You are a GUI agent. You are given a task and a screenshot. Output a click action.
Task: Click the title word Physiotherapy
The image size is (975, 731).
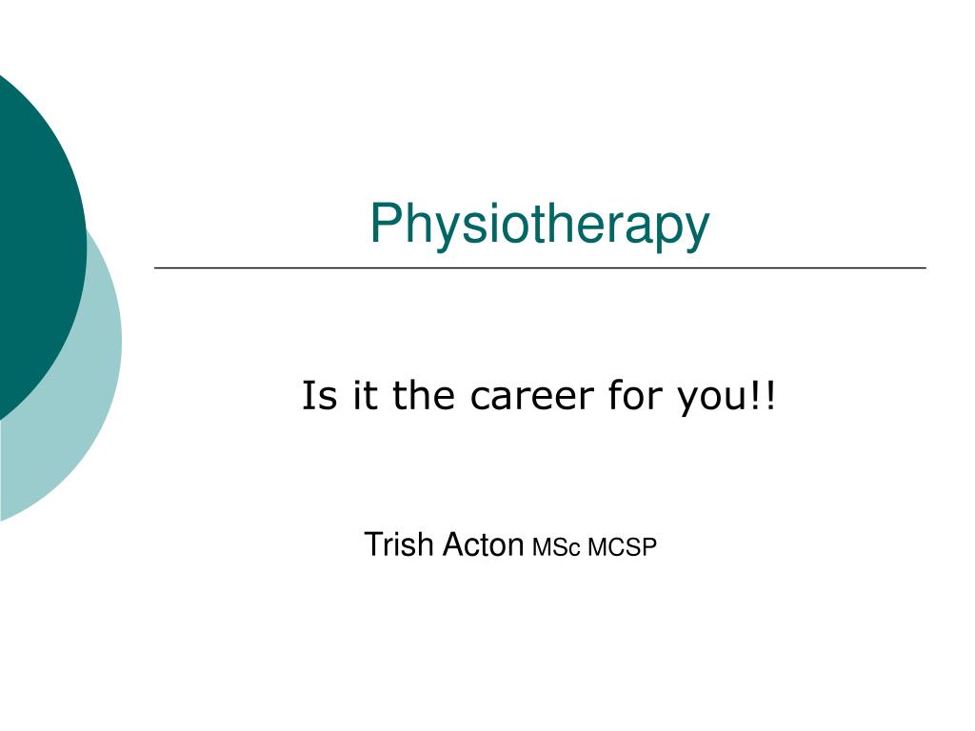pos(539,226)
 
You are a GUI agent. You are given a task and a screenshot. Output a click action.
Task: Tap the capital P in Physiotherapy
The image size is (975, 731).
pos(384,223)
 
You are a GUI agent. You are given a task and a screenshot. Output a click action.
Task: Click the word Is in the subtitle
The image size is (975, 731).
pos(315,396)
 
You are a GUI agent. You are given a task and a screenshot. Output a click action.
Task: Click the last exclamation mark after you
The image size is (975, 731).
pos(769,396)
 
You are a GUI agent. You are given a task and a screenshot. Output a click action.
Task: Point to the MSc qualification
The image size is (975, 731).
pos(556,547)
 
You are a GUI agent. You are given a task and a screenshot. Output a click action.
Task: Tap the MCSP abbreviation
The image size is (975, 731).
pos(623,547)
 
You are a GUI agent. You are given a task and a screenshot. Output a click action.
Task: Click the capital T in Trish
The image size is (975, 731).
pos(372,544)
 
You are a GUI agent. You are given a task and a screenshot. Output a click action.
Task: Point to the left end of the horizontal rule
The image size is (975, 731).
pos(156,268)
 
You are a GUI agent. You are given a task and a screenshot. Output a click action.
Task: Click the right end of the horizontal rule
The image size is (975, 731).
pos(925,268)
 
